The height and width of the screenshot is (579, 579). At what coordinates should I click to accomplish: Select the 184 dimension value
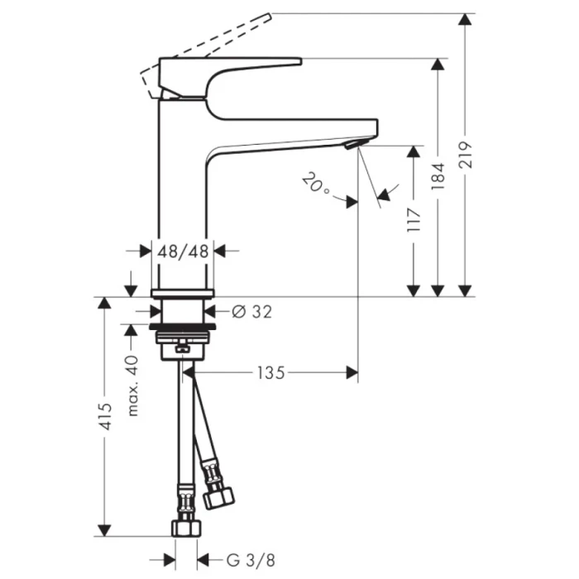point(438,176)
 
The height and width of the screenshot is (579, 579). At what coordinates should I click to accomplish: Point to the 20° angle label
point(315,183)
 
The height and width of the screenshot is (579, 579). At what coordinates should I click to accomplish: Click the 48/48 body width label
point(184,251)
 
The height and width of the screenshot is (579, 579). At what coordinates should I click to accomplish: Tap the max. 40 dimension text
point(130,384)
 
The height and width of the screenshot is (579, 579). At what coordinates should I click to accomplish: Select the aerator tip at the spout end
point(353,145)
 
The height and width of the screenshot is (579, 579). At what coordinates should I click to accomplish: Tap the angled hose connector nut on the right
point(217,489)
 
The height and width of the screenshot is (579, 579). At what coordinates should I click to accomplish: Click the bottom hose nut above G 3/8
point(184,527)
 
